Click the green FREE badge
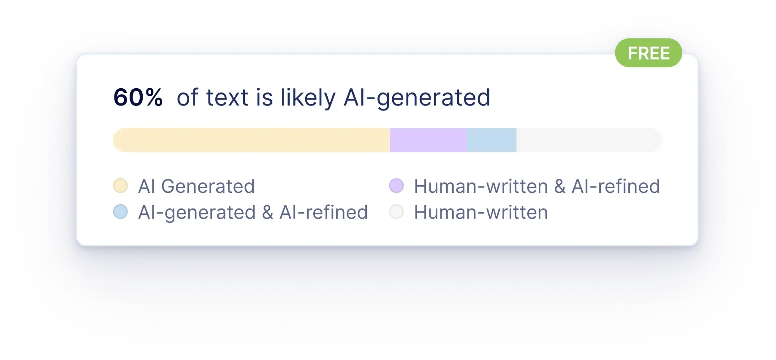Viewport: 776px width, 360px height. pyautogui.click(x=648, y=53)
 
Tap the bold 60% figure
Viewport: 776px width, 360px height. pyautogui.click(x=138, y=97)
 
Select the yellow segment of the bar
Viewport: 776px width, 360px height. pyautogui.click(x=251, y=140)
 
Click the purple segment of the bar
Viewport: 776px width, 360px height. pyautogui.click(x=428, y=140)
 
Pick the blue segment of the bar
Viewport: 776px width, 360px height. pyautogui.click(x=491, y=140)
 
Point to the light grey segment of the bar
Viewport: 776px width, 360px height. pyautogui.click(x=589, y=140)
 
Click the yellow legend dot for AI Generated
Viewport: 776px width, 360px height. pyautogui.click(x=121, y=186)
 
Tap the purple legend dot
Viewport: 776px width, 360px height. pyautogui.click(x=396, y=186)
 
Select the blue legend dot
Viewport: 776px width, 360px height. pyautogui.click(x=121, y=212)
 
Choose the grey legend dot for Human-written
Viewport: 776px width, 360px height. pyautogui.click(x=396, y=212)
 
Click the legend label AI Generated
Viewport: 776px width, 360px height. pyautogui.click(x=196, y=186)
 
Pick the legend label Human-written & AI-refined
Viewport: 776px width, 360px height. pyautogui.click(x=537, y=186)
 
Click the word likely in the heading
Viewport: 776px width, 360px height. pyautogui.click(x=308, y=98)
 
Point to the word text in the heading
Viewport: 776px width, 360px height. pyautogui.click(x=227, y=98)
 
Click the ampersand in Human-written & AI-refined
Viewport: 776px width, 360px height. pyautogui.click(x=560, y=186)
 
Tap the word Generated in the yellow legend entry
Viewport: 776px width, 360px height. pyautogui.click(x=208, y=186)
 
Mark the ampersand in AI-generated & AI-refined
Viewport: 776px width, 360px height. pyautogui.click(x=268, y=212)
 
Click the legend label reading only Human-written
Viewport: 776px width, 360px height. pyautogui.click(x=481, y=212)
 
